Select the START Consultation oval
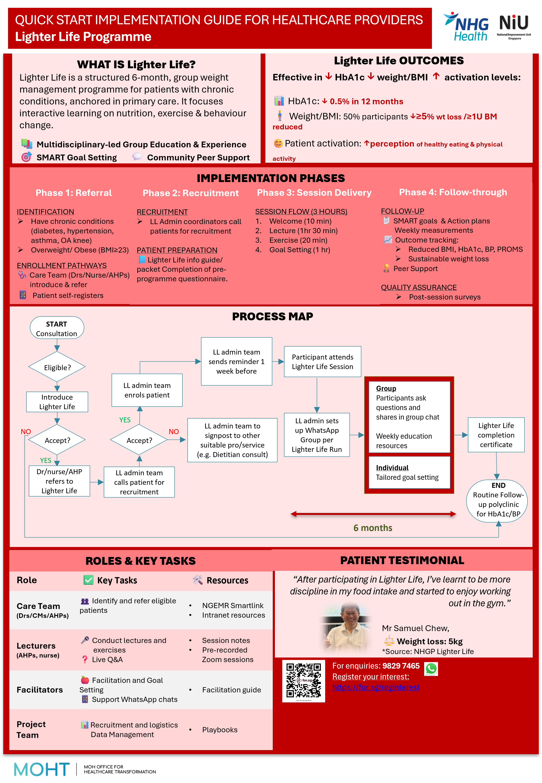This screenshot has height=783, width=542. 57,328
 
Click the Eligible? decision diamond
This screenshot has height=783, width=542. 57,367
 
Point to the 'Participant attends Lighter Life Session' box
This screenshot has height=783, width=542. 322,362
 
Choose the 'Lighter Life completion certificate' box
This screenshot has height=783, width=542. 496,435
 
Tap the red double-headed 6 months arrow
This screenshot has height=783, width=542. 373,514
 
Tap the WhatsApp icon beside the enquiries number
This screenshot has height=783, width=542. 431,669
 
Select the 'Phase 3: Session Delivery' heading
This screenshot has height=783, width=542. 314,193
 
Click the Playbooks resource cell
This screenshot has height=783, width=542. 220,730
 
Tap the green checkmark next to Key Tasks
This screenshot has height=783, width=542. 88,580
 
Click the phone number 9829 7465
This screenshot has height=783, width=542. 401,666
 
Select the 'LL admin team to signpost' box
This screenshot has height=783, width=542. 232,440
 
